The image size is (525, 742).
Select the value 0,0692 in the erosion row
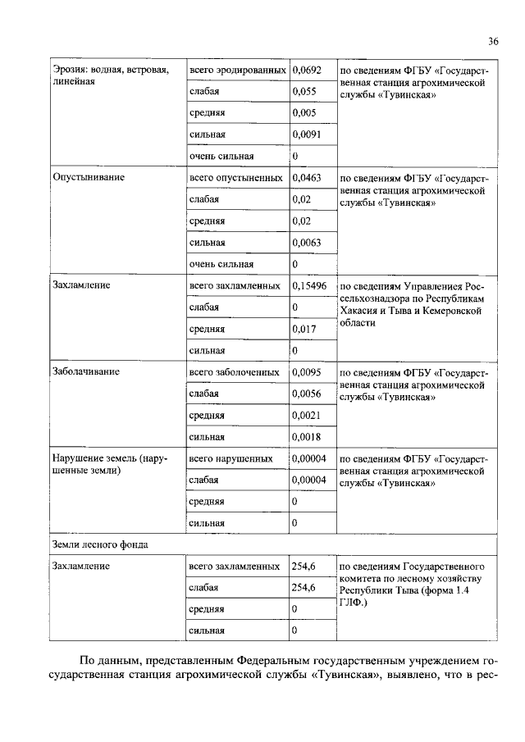(308, 71)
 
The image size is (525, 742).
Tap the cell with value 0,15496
(310, 285)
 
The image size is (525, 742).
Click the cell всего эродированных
(237, 71)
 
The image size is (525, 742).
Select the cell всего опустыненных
(236, 177)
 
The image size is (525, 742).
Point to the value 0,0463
(308, 177)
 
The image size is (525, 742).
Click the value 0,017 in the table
(305, 329)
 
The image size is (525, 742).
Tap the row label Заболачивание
(86, 371)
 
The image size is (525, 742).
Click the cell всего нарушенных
(233, 458)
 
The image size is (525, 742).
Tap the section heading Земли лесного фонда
(100, 544)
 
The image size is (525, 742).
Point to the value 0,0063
(308, 242)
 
